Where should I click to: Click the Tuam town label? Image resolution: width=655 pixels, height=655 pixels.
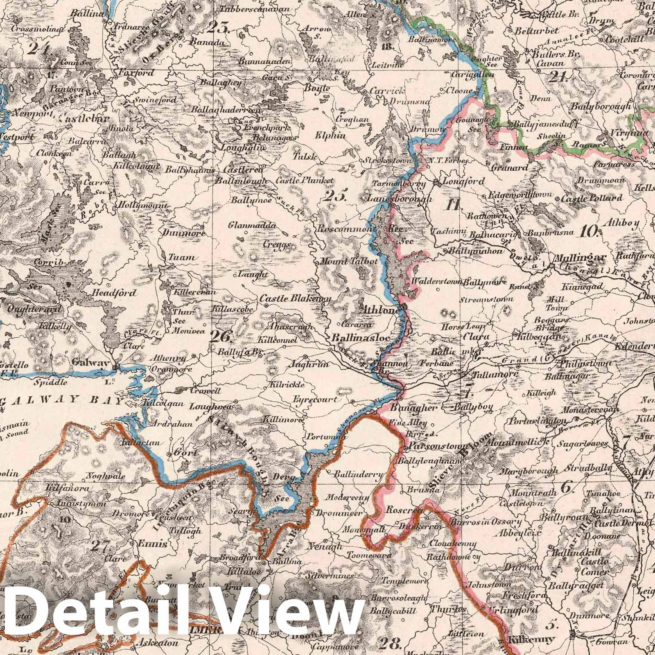pyautogui.click(x=181, y=258)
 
